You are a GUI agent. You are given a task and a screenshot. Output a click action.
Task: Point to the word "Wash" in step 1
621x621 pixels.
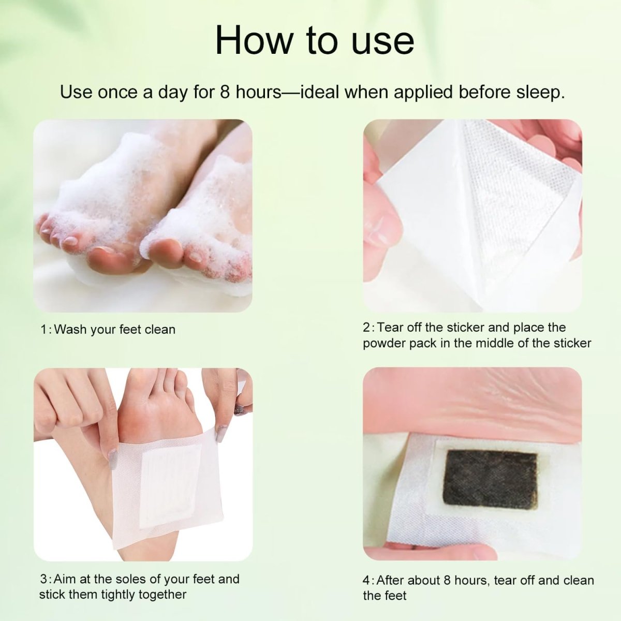pos(70,330)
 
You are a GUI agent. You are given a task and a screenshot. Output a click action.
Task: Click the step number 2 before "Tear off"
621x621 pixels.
pos(366,328)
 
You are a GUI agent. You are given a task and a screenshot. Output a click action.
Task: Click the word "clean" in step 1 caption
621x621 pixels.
pos(160,330)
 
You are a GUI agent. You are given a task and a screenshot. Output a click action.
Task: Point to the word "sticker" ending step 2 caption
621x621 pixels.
pos(571,343)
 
